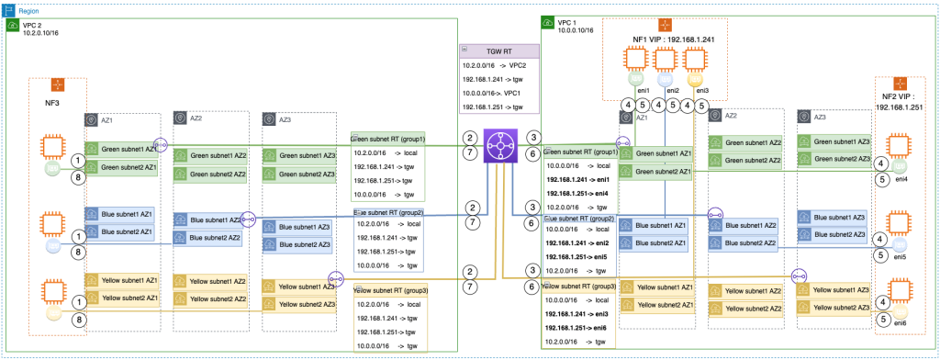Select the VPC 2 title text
(x=34, y=25)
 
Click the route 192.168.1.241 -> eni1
(x=576, y=180)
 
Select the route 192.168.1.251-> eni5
(x=576, y=259)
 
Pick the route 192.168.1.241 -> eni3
(x=576, y=314)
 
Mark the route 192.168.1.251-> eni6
(x=576, y=327)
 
